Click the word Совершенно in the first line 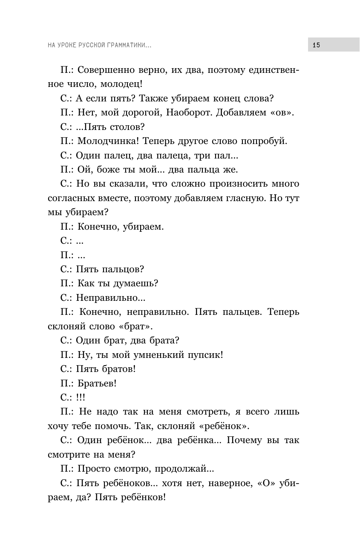(x=107, y=69)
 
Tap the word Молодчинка (x=107, y=141)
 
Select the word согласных (x=71, y=198)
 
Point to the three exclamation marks (x=80, y=398)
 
